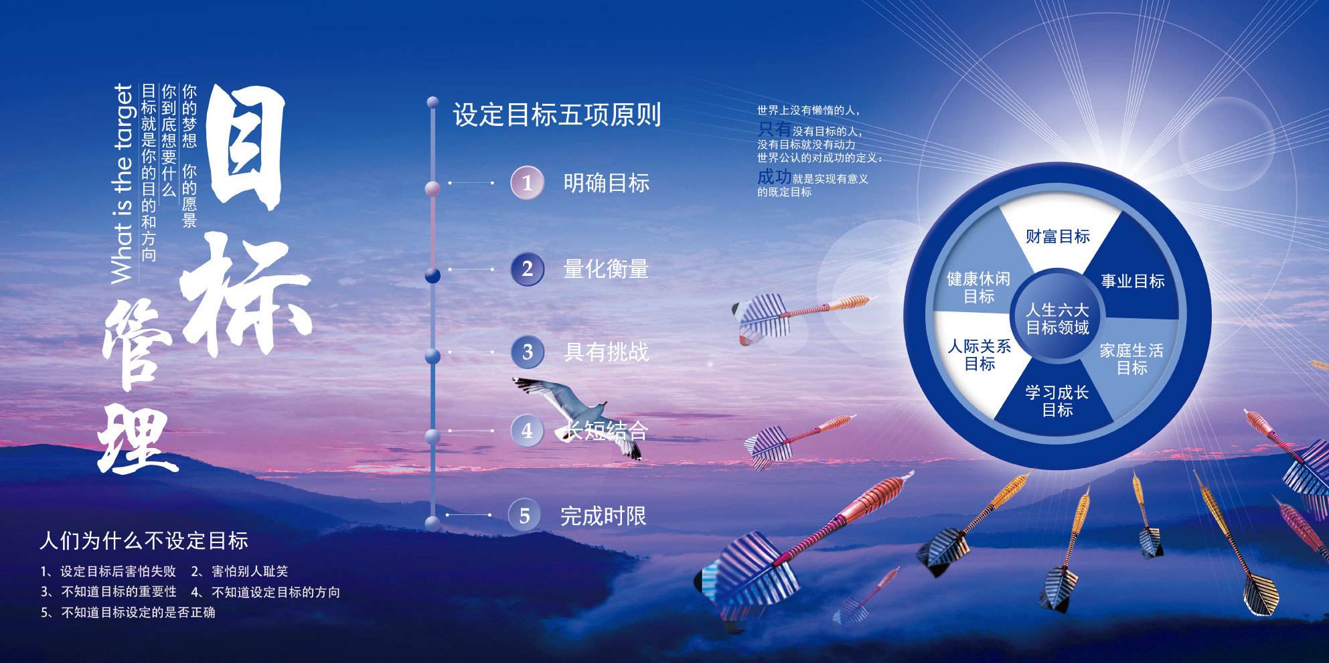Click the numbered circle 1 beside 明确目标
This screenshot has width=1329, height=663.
coord(527,183)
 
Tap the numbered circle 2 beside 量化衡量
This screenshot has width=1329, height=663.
coord(527,269)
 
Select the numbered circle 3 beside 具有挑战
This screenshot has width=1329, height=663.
coord(527,352)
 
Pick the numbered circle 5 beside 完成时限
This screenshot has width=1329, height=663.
coord(525,515)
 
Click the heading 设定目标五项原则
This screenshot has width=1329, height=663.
coord(557,115)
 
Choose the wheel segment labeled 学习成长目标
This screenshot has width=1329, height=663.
coord(1057,400)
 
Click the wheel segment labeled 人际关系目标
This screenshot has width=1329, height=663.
coord(979,355)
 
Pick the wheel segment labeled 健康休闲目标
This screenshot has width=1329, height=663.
coord(978,287)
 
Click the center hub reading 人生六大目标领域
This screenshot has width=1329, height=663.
coord(1057,319)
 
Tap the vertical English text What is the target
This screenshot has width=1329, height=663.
coord(123,183)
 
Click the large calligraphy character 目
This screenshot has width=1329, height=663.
coord(246,148)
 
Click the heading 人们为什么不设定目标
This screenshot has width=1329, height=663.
coord(144,540)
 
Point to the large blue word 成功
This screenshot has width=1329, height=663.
coord(774,177)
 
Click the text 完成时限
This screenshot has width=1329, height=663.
coord(603,516)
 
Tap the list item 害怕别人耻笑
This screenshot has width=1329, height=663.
coord(250,571)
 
